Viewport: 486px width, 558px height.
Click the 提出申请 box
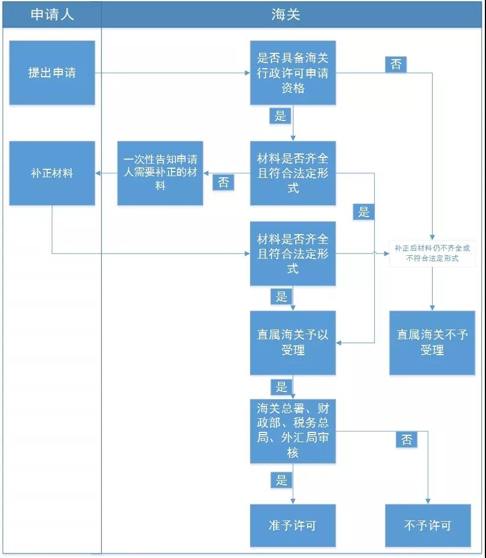pos(52,73)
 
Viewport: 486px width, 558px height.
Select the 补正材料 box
pos(52,173)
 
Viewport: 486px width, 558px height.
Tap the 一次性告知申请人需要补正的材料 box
pos(160,173)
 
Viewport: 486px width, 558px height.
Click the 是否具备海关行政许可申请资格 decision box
pos(293,73)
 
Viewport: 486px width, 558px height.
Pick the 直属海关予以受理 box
pos(293,343)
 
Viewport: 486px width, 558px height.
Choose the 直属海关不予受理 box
pos(432,343)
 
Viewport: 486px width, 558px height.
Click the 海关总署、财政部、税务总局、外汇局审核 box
pos(293,431)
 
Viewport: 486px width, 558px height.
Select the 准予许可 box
pos(293,526)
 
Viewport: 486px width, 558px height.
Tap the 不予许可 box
pos(428,526)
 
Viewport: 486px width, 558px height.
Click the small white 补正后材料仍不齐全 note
pos(432,253)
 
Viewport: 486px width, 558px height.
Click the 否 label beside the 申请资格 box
pos(396,64)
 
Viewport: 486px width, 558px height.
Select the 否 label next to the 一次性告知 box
pos(223,182)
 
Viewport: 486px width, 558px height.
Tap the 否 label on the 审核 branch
pos(407,439)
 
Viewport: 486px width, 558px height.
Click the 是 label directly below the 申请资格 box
pos(280,116)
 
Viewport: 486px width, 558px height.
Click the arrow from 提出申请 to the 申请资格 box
pos(170,73)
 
